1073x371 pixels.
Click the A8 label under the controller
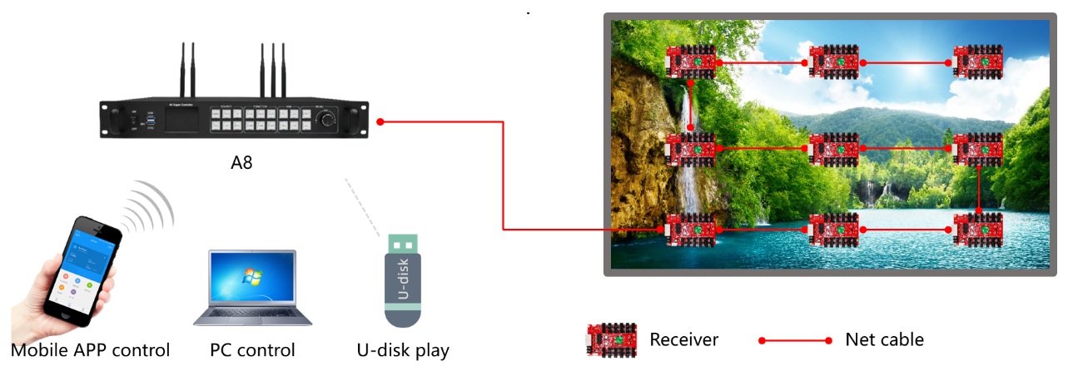coord(241,163)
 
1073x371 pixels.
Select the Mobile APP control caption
coord(90,350)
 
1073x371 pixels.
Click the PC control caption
coord(252,350)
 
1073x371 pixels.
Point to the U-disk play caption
coord(401,350)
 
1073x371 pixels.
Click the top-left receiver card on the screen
coord(692,62)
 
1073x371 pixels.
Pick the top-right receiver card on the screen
coord(978,62)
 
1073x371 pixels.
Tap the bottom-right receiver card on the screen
coord(978,229)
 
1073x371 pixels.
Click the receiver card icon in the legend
coord(612,340)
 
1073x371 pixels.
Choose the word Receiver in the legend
coord(683,339)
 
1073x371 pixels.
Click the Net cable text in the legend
coord(884,339)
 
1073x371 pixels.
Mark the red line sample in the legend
coord(795,340)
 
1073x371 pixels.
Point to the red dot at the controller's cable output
coord(380,122)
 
